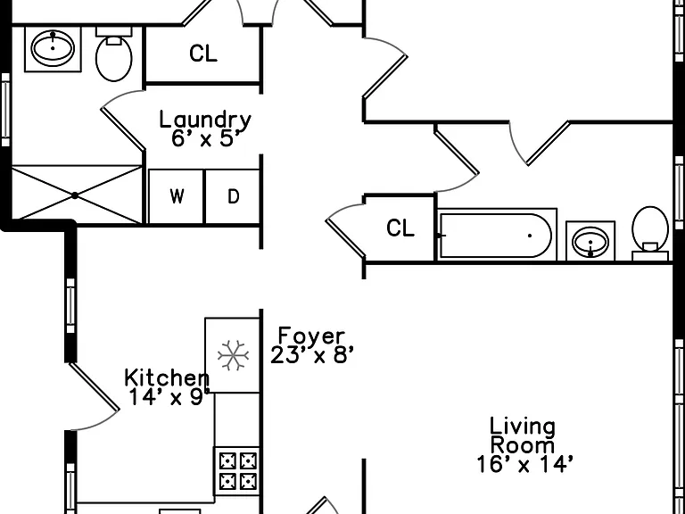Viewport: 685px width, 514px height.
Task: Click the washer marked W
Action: (176, 196)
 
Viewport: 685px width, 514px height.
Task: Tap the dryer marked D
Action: (233, 196)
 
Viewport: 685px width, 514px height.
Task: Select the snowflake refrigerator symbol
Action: (234, 355)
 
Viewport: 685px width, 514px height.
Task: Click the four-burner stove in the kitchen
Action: (237, 471)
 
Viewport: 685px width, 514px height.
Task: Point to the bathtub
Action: (497, 236)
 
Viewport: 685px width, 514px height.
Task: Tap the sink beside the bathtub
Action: (590, 241)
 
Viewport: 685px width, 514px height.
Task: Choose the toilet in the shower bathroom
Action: (113, 54)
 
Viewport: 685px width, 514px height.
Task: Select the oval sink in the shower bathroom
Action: (53, 48)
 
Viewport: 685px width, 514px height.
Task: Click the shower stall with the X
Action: (76, 195)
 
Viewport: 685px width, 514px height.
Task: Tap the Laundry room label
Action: (205, 120)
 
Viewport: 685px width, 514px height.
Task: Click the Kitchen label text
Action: (167, 378)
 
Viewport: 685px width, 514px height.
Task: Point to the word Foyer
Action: (311, 336)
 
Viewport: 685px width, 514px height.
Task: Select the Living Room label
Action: (523, 436)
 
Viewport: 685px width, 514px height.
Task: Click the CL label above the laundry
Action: (203, 54)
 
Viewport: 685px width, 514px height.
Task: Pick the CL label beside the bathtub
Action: (400, 228)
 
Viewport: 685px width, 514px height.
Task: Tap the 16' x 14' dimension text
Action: (524, 464)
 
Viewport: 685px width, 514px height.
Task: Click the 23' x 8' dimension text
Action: (311, 355)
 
